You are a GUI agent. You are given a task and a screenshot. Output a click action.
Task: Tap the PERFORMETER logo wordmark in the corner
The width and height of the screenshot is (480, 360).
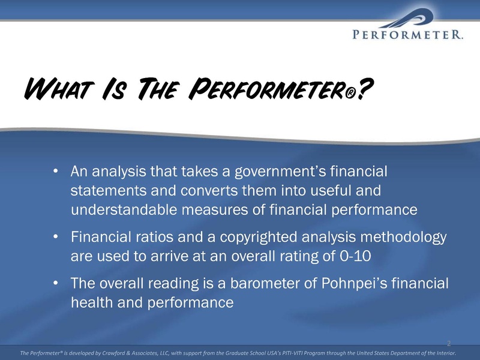tap(407, 34)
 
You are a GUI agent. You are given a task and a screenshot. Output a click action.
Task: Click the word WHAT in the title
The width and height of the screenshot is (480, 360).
tap(59, 89)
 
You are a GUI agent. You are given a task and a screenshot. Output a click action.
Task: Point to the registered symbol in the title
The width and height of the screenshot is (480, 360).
tap(352, 94)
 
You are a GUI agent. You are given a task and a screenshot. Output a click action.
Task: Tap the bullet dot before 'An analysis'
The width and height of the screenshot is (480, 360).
tap(55, 171)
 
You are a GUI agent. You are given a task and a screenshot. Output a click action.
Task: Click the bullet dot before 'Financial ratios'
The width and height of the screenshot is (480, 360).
tap(55, 236)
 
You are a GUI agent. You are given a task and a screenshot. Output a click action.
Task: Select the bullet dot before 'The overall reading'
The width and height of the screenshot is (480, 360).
tap(55, 283)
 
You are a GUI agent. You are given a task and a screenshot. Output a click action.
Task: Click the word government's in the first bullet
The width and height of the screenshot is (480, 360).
tap(280, 172)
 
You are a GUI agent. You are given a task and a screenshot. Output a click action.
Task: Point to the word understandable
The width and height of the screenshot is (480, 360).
tap(124, 209)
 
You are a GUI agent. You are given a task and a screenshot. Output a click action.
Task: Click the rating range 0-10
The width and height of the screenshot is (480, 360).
tap(355, 256)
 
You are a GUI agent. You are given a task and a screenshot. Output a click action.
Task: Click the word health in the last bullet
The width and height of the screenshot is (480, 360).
tap(92, 302)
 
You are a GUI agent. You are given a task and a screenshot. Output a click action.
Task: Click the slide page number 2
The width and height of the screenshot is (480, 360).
tap(449, 343)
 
